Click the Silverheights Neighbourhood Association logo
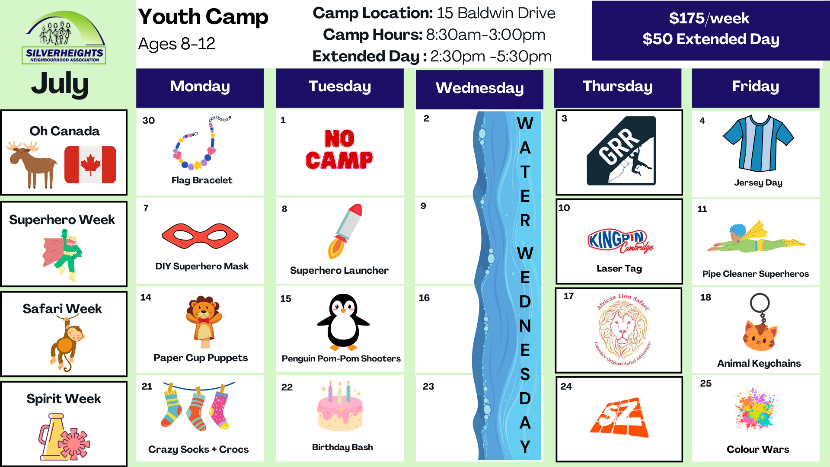click(64, 38)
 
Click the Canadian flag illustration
click(90, 165)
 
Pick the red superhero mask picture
click(200, 236)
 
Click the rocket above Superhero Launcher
click(345, 231)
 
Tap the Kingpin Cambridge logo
click(620, 240)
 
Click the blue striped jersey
click(758, 143)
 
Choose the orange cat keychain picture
click(760, 323)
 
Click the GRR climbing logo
click(621, 151)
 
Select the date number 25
click(706, 384)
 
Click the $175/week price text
click(709, 19)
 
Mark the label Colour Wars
click(758, 449)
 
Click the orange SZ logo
click(619, 416)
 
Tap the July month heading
click(60, 84)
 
